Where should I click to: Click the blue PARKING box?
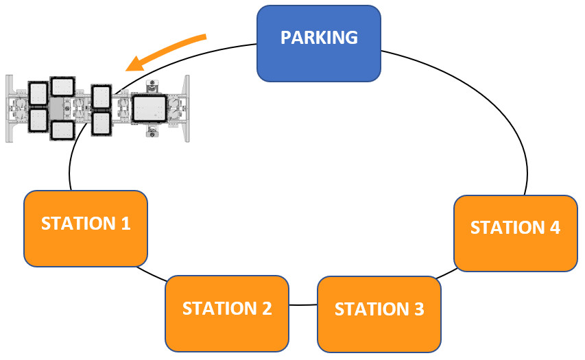[319, 43]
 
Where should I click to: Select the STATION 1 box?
[86, 228]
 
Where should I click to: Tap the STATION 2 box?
[227, 313]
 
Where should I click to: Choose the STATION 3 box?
[379, 314]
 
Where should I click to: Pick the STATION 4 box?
[515, 232]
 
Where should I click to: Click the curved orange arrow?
[168, 49]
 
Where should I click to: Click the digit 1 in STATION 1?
[126, 223]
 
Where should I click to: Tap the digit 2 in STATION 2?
[266, 308]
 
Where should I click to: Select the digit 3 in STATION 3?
[418, 309]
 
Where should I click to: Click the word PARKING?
[319, 37]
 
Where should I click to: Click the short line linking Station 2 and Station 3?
[302, 304]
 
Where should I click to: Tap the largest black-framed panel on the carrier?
[150, 108]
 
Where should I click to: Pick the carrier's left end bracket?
[10, 108]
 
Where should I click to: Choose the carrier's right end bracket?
[184, 108]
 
